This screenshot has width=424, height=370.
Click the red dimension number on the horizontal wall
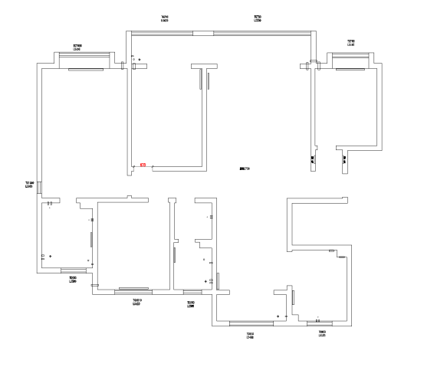point(143,165)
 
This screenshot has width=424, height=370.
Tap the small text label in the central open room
point(245,168)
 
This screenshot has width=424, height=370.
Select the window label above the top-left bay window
point(77,47)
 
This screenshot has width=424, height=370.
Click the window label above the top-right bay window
point(350,43)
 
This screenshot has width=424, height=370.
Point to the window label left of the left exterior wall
point(30,184)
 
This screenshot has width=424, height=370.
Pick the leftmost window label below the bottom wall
point(72,280)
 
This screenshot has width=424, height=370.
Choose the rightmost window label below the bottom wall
point(323,333)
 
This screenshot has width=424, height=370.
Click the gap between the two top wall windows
point(203,33)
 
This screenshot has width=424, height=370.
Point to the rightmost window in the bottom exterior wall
point(320,324)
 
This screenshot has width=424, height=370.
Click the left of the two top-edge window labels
point(165,18)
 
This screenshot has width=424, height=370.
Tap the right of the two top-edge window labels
point(258,18)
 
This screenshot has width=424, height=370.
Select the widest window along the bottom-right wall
point(251,324)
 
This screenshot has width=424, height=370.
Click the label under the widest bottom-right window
point(250,336)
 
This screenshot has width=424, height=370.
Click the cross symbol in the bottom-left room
point(51,255)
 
